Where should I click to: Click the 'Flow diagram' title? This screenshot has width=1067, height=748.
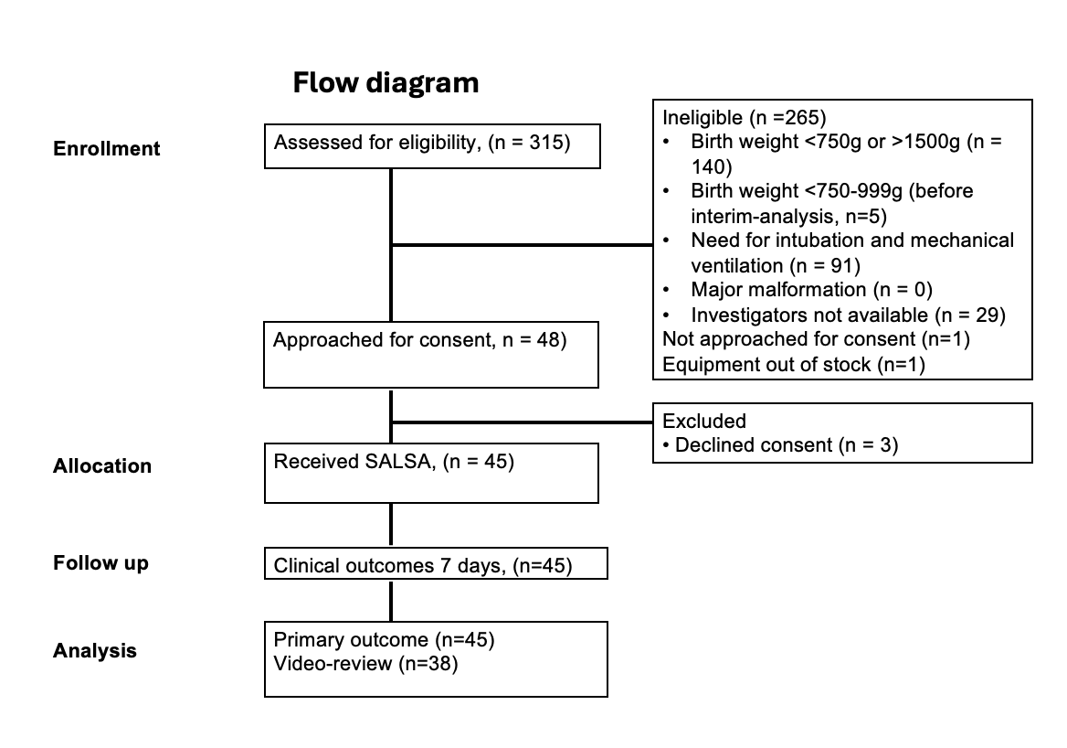pyautogui.click(x=386, y=83)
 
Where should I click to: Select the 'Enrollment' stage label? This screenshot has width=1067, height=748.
pyautogui.click(x=106, y=148)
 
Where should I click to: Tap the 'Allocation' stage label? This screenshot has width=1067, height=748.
pyautogui.click(x=102, y=466)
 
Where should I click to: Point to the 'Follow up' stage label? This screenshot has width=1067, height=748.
pyautogui.click(x=100, y=563)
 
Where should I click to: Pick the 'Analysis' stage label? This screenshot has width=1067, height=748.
pyautogui.click(x=95, y=650)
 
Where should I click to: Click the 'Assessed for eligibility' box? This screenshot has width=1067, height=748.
pyautogui.click(x=432, y=145)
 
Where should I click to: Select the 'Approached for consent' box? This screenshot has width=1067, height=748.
pyautogui.click(x=431, y=355)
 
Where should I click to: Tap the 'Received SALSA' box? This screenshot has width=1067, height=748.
pyautogui.click(x=431, y=474)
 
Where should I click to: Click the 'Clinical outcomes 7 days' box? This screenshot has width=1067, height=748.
pyautogui.click(x=436, y=563)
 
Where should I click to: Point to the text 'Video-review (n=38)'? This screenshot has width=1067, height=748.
pyautogui.click(x=365, y=664)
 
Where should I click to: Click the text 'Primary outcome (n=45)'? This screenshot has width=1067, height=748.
pyautogui.click(x=384, y=640)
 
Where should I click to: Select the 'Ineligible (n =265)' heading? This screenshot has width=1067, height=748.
pyautogui.click(x=745, y=118)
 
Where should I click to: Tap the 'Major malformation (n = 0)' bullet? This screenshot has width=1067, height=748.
pyautogui.click(x=811, y=290)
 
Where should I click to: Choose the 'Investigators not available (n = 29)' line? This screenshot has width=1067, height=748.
pyautogui.click(x=848, y=315)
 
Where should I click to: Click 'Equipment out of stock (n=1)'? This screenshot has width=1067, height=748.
pyautogui.click(x=794, y=365)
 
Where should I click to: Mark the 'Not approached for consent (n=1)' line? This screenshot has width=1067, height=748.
pyautogui.click(x=816, y=339)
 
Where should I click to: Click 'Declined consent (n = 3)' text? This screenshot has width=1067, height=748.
pyautogui.click(x=787, y=444)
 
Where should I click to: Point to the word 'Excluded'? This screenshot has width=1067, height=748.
pyautogui.click(x=704, y=421)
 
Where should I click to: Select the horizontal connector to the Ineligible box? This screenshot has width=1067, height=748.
pyautogui.click(x=522, y=244)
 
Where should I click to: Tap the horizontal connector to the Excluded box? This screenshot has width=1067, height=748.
pyautogui.click(x=522, y=422)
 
